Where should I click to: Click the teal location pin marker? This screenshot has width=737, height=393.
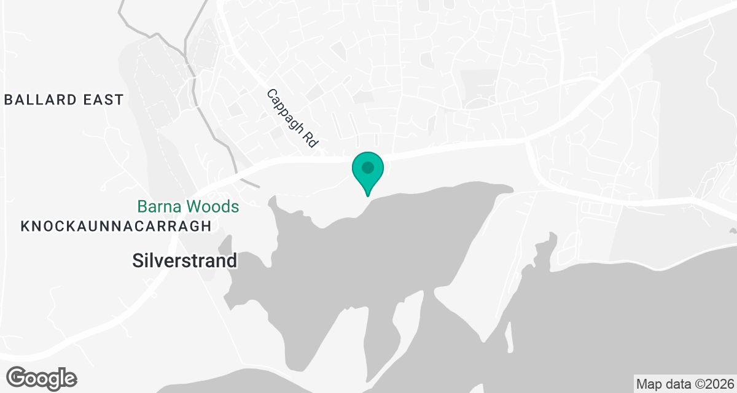(368, 170)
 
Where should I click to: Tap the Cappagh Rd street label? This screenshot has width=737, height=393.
(293, 118)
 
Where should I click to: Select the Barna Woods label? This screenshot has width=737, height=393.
(188, 206)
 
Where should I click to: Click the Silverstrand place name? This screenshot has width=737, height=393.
(185, 261)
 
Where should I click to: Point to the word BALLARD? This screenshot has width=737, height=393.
(42, 99)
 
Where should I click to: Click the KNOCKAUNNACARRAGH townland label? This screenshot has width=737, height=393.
(116, 226)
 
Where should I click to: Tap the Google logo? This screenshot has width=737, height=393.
(42, 377)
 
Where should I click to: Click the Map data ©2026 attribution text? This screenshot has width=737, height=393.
(684, 384)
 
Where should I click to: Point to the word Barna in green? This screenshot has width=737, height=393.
(160, 206)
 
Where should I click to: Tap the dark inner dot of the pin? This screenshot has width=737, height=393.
(368, 167)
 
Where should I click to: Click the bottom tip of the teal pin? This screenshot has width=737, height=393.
(368, 195)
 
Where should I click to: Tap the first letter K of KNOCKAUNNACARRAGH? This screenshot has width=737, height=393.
(25, 226)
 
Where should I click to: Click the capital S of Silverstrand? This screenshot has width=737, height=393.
(138, 261)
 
